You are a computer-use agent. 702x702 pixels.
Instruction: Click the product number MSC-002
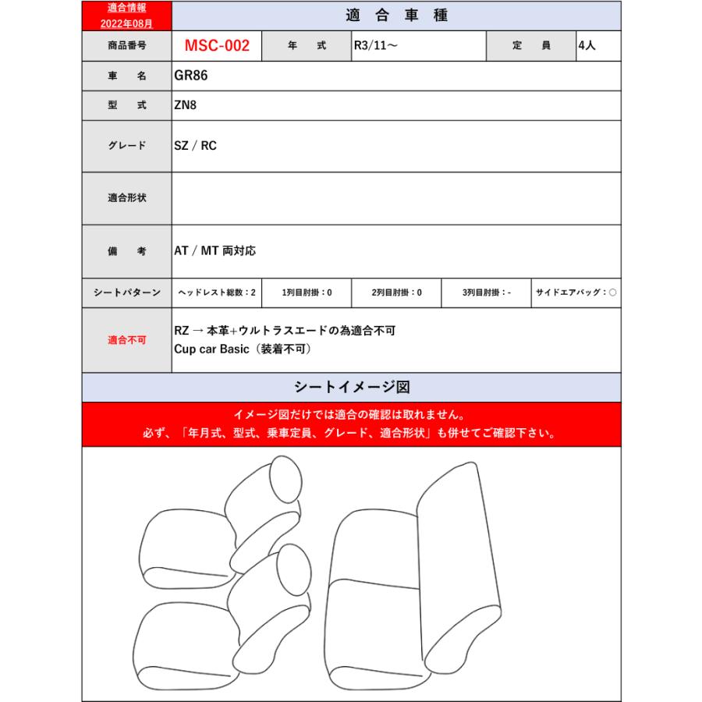pyautogui.click(x=217, y=46)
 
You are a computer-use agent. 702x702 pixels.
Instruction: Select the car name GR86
pyautogui.click(x=191, y=76)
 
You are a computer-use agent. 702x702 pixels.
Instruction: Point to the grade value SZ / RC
pyautogui.click(x=195, y=146)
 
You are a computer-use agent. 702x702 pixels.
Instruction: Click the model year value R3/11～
pyautogui.click(x=376, y=46)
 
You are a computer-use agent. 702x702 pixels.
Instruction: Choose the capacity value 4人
pyautogui.click(x=587, y=46)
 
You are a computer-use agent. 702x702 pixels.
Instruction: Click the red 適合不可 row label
pyautogui.click(x=126, y=341)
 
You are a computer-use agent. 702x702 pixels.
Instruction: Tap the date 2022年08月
pyautogui.click(x=126, y=23)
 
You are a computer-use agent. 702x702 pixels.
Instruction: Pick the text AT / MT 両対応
pyautogui.click(x=214, y=251)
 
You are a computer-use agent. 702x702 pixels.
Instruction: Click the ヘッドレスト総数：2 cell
pyautogui.click(x=216, y=292)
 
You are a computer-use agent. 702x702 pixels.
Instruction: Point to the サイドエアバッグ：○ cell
pyautogui.click(x=576, y=292)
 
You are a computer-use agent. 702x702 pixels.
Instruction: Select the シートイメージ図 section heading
pyautogui.click(x=352, y=388)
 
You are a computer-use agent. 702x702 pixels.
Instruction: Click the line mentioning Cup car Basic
pyautogui.click(x=243, y=349)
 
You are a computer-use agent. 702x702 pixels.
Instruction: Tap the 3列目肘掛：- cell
pyautogui.click(x=486, y=292)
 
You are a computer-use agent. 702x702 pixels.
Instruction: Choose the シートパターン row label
pyautogui.click(x=126, y=292)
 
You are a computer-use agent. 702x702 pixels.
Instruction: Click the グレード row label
pyautogui.click(x=126, y=146)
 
